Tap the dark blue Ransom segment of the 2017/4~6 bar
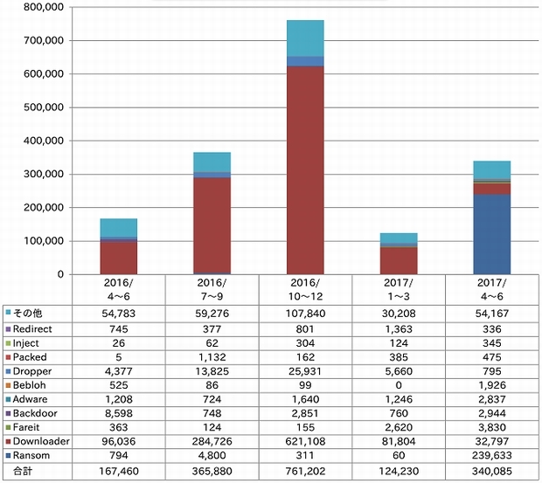(x=491, y=233)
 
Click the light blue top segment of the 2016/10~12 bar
(x=305, y=38)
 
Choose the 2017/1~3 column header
(x=398, y=289)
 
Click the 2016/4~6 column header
(x=118, y=289)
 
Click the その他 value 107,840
(x=305, y=312)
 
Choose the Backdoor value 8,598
(x=118, y=412)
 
